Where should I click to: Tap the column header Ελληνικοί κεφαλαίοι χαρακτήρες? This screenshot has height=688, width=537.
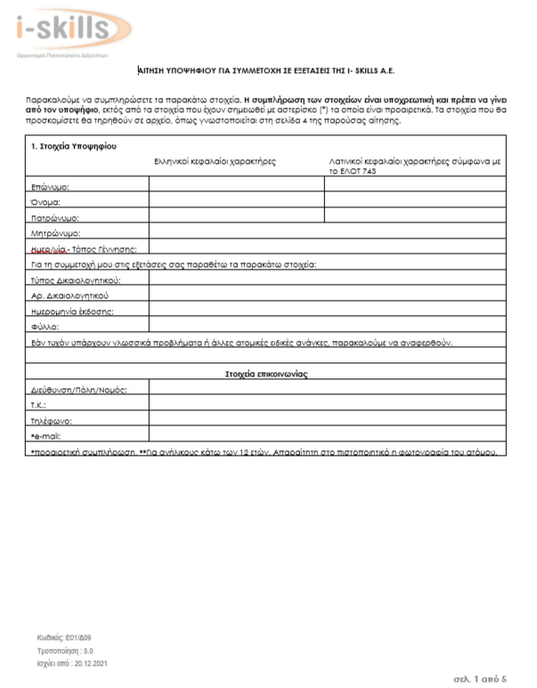pyautogui.click(x=215, y=161)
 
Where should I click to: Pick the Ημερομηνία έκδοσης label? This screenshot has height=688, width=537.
pyautogui.click(x=72, y=311)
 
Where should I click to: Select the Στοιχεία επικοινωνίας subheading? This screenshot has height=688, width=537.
pyautogui.click(x=266, y=374)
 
